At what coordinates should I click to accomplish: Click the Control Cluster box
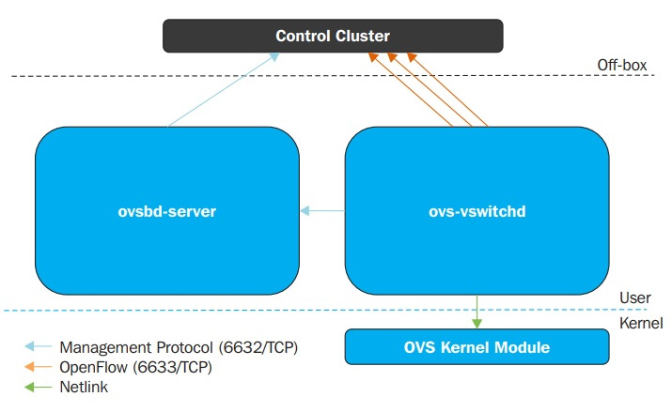[333, 36]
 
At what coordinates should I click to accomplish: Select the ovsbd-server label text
[167, 211]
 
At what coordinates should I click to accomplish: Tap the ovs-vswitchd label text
[477, 211]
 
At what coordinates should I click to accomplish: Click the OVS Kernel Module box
[477, 347]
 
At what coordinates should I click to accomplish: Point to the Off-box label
[622, 65]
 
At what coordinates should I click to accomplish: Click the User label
[635, 298]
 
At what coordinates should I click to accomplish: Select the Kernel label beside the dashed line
[641, 323]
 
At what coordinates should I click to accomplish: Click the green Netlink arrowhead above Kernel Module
[477, 324]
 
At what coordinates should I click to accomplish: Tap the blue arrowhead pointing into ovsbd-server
[305, 210]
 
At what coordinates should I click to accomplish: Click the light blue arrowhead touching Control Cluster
[274, 56]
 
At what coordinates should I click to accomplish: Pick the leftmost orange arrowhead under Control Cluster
[373, 57]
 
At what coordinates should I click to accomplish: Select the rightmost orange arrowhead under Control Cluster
[412, 57]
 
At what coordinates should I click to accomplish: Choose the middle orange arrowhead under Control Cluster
[392, 57]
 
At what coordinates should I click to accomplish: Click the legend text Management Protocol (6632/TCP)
[179, 347]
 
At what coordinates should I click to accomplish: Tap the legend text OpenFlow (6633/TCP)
[136, 367]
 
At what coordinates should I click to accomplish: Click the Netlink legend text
[84, 387]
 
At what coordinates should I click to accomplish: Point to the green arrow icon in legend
[38, 388]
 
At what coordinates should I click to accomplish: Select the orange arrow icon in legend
[38, 367]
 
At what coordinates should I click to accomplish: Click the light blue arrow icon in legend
[38, 346]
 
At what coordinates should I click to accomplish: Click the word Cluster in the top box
[363, 36]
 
